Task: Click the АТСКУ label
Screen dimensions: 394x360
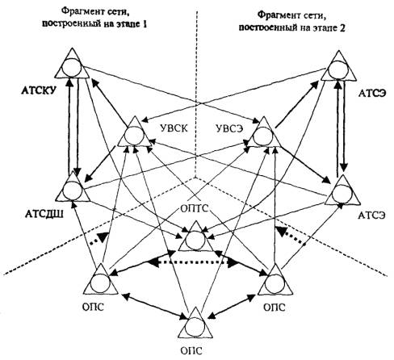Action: coord(40,91)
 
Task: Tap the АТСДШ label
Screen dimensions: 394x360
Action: coord(44,215)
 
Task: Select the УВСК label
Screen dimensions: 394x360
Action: coord(174,128)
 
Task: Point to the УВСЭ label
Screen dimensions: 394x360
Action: coord(229,128)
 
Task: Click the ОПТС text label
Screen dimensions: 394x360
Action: coord(195,208)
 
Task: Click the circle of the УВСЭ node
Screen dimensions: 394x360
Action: coord(262,136)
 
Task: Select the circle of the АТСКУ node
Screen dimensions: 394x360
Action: coord(71,67)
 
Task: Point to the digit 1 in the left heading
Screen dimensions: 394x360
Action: coord(145,24)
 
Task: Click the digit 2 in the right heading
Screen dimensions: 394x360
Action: coord(342,27)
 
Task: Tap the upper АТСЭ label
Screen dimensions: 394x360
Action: coord(372,93)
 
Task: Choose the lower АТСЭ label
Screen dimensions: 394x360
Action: coord(371,216)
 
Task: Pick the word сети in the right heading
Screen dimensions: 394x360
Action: coord(313,15)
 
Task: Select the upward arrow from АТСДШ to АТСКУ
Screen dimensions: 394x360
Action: coord(70,126)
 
